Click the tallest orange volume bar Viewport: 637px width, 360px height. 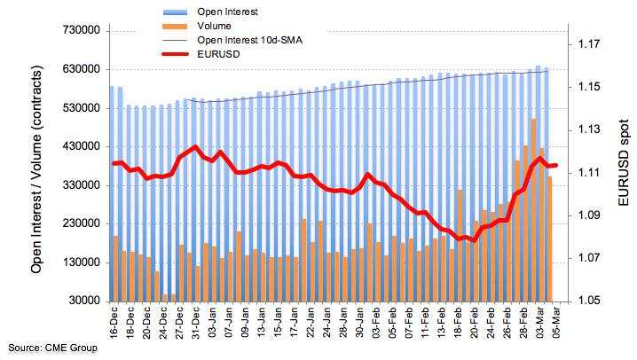pos(533,210)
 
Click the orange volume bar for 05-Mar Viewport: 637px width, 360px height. pos(550,239)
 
